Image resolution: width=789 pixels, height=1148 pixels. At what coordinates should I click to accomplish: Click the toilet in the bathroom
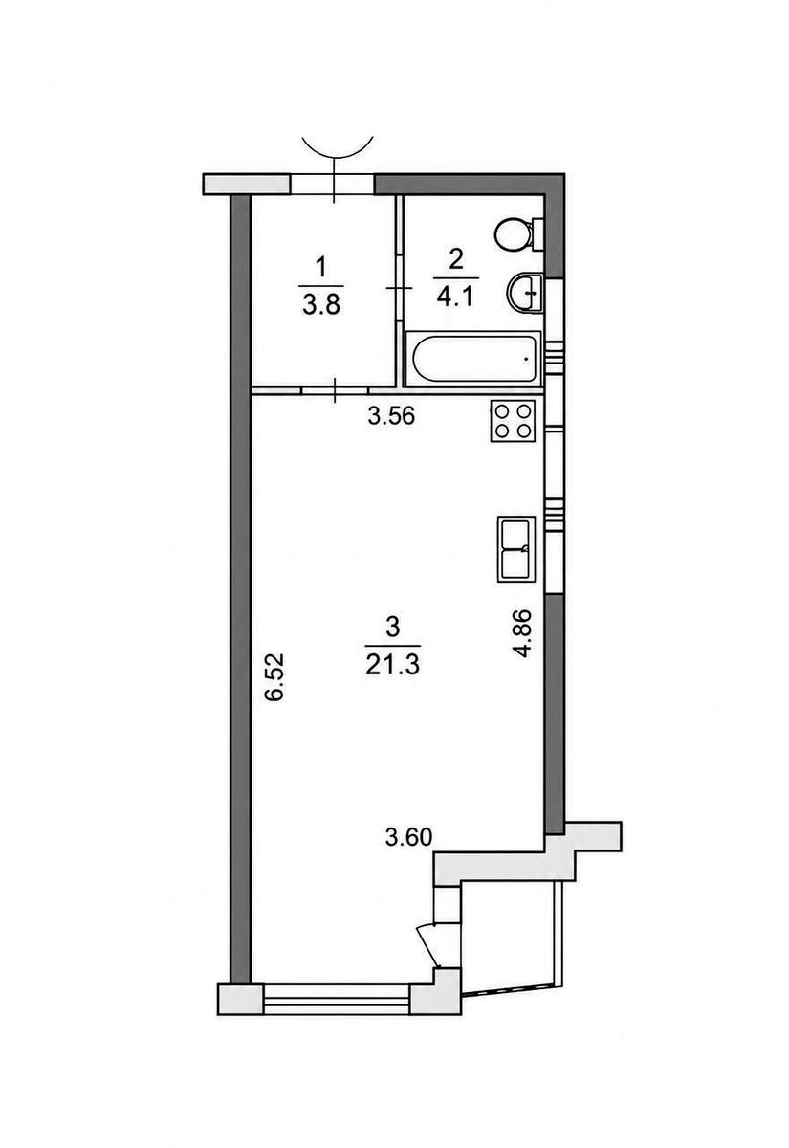point(518,234)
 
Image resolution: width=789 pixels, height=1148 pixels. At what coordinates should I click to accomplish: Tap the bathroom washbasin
point(525,293)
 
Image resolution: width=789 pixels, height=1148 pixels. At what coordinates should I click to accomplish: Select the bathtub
point(472,358)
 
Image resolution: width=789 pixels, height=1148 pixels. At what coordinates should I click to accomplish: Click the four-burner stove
point(513,421)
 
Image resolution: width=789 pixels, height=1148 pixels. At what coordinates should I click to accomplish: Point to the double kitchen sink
point(515,549)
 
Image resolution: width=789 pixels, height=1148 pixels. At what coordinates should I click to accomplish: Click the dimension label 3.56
point(391,416)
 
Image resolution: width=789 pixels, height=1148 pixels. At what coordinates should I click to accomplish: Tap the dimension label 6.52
point(274,676)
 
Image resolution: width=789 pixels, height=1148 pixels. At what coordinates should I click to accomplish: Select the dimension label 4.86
point(524,634)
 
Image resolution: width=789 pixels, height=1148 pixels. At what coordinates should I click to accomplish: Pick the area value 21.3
point(393,665)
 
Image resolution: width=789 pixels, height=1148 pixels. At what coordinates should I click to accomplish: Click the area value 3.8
point(321,306)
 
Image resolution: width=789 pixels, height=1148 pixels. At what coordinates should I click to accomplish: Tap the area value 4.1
point(456,297)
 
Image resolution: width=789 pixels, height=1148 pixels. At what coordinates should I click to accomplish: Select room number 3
point(393,628)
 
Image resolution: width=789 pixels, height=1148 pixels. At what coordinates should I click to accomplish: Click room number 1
point(321,269)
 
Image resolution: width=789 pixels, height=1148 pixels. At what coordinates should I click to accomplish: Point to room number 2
point(456,259)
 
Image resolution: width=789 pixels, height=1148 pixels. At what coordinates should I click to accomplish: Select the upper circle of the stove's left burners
point(502,411)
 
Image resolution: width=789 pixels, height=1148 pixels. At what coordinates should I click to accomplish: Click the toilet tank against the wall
point(537,234)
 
